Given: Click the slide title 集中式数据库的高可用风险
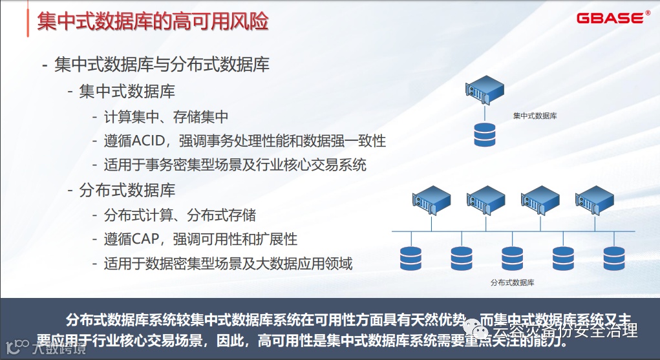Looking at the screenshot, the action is click(x=153, y=22).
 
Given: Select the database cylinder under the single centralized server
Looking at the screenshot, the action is click(x=484, y=134).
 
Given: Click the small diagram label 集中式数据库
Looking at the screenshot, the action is click(x=535, y=116).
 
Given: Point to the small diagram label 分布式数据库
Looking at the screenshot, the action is click(x=512, y=283).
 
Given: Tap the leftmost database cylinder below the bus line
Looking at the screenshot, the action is click(x=410, y=257).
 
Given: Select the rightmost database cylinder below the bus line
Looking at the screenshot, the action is click(x=613, y=257).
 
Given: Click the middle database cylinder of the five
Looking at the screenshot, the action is click(x=512, y=257).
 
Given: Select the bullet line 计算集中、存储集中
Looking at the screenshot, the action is click(x=166, y=117).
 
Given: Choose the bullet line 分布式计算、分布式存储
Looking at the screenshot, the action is click(x=180, y=215).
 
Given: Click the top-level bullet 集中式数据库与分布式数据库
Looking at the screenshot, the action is click(x=162, y=65).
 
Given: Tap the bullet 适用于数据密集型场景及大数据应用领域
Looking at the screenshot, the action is click(x=228, y=263).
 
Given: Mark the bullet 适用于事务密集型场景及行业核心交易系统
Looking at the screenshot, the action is click(x=235, y=165).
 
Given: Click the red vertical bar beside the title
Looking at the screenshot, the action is click(x=27, y=21).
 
